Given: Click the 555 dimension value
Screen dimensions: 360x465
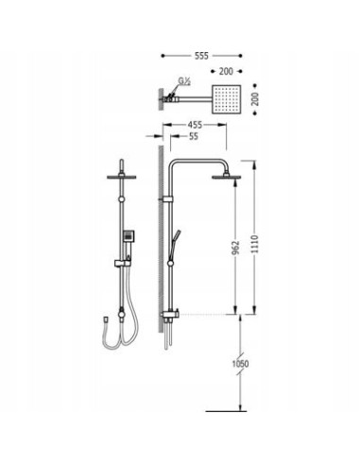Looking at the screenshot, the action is [201, 56].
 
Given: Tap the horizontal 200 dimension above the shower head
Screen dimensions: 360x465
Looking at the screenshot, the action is [226, 72].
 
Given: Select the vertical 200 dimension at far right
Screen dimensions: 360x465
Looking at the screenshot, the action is [255, 99].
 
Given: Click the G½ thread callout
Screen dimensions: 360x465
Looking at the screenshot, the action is [184, 81].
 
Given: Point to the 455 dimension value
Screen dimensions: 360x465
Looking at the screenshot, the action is [195, 125].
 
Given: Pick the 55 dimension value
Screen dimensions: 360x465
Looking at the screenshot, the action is [194, 136].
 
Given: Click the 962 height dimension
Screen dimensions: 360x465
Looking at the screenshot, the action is [236, 248].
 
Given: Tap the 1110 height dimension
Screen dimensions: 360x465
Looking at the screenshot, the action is [255, 244].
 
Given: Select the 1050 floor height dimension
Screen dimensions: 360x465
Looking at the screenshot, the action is [240, 364].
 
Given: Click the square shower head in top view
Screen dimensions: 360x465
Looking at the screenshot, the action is [227, 99].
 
